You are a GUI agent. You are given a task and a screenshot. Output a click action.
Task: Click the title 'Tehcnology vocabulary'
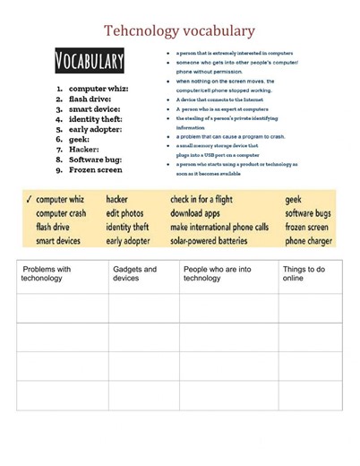[179, 31]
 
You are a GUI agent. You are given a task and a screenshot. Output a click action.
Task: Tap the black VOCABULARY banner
[90, 61]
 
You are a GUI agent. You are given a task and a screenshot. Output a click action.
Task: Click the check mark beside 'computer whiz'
[30, 199]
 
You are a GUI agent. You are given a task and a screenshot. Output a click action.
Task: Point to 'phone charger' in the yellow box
[309, 240]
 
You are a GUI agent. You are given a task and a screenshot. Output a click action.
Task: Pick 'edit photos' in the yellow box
[124, 213]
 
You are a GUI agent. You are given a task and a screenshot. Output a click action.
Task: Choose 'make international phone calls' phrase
[219, 227]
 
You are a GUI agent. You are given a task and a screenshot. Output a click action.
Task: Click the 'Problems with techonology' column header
[47, 273]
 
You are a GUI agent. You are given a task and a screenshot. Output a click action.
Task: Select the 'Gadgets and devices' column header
[134, 273]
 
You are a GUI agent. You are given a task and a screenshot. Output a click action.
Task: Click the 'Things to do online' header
[304, 273]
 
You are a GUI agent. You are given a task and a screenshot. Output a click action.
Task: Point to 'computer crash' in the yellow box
[61, 213]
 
